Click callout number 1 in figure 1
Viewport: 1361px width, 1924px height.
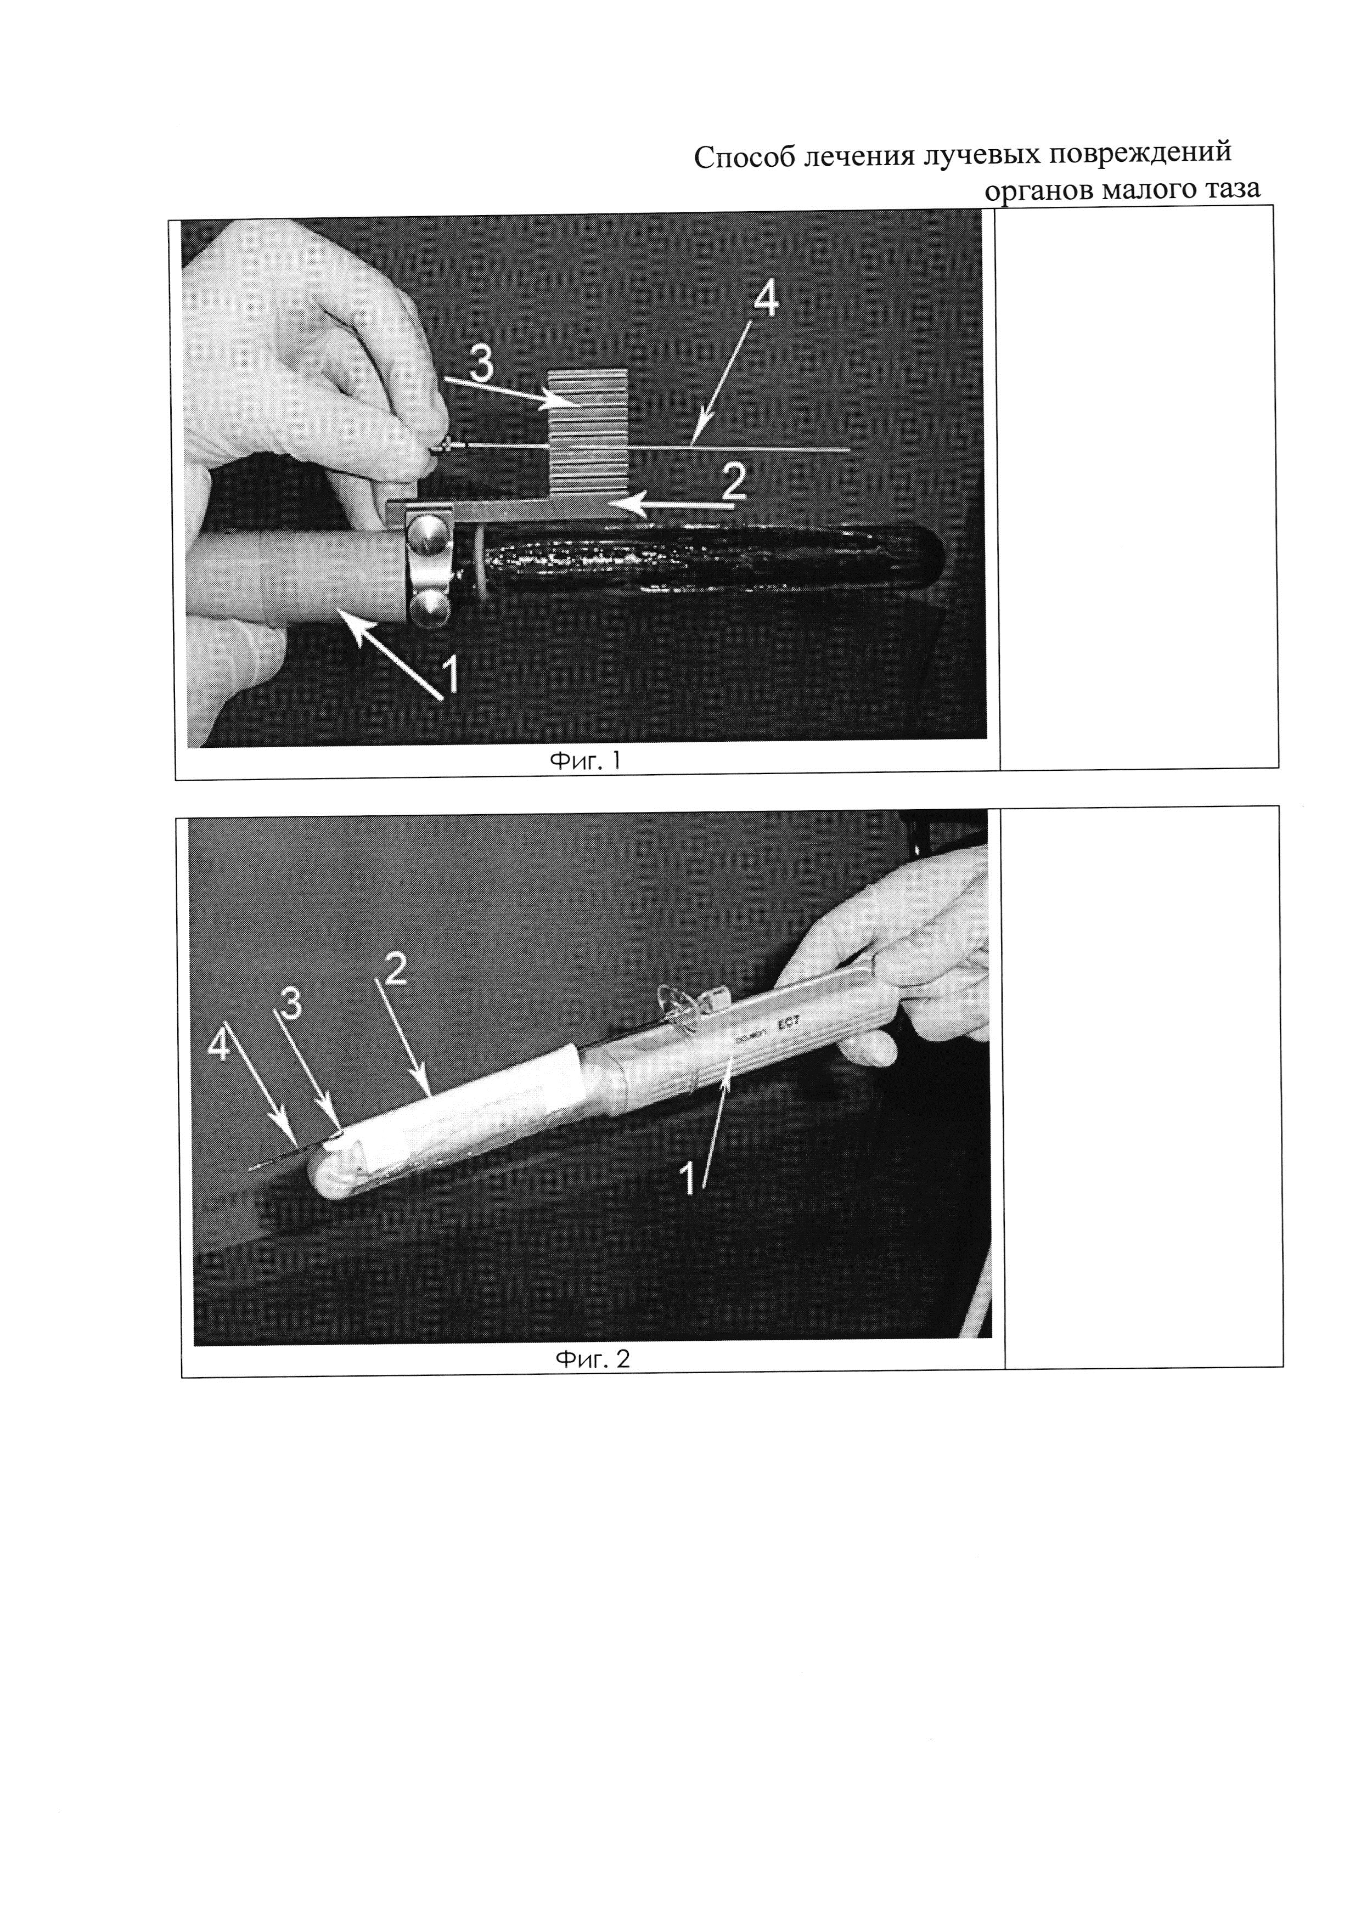[x=449, y=675]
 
